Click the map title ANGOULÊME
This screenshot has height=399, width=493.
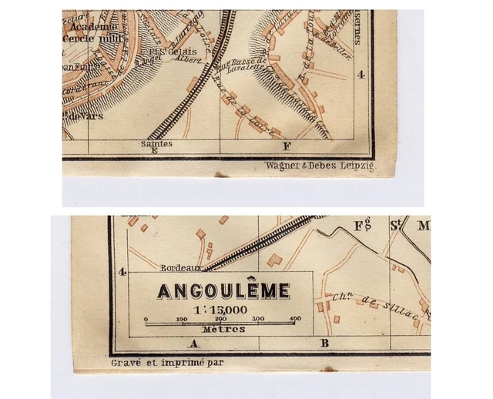(223, 291)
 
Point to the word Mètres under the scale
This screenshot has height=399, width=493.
(223, 329)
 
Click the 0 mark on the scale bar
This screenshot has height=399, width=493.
(146, 317)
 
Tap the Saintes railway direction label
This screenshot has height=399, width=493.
(156, 143)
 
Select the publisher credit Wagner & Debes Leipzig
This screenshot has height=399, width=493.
(320, 166)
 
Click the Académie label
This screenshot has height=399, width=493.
(92, 25)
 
